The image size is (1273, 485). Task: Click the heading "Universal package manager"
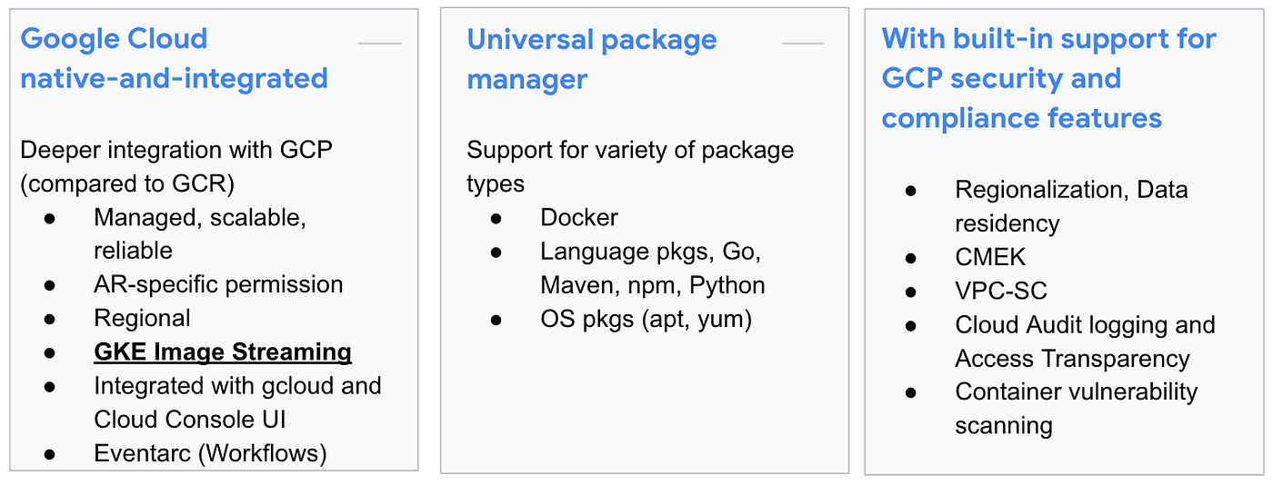(x=591, y=59)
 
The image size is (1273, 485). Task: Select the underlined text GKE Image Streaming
(x=223, y=351)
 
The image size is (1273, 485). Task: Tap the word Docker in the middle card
(x=579, y=218)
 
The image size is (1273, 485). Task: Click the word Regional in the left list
(x=142, y=318)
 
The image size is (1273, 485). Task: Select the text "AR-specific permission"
(x=218, y=284)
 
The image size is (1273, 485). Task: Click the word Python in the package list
(x=727, y=285)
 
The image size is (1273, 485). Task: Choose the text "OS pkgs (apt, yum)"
(x=646, y=319)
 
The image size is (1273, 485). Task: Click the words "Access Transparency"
(x=1073, y=358)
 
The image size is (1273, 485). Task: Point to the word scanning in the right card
(x=1004, y=425)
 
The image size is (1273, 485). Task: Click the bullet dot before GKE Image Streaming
(x=49, y=352)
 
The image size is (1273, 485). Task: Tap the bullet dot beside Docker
(x=496, y=219)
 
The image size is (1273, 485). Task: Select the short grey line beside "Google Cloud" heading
(x=379, y=43)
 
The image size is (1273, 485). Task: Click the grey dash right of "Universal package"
(x=803, y=43)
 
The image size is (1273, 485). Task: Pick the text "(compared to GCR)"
(x=127, y=183)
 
